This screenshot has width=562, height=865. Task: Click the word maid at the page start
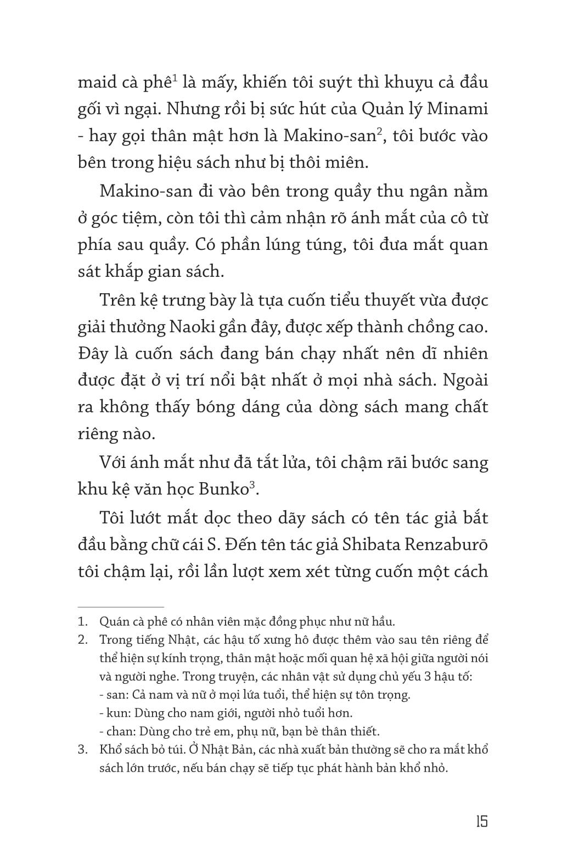tap(98, 83)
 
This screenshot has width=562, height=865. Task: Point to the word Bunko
tap(224, 489)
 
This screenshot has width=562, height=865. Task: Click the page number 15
tap(481, 822)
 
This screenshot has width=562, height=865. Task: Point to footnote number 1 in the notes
tap(83, 622)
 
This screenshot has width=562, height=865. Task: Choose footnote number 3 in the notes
tap(83, 750)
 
